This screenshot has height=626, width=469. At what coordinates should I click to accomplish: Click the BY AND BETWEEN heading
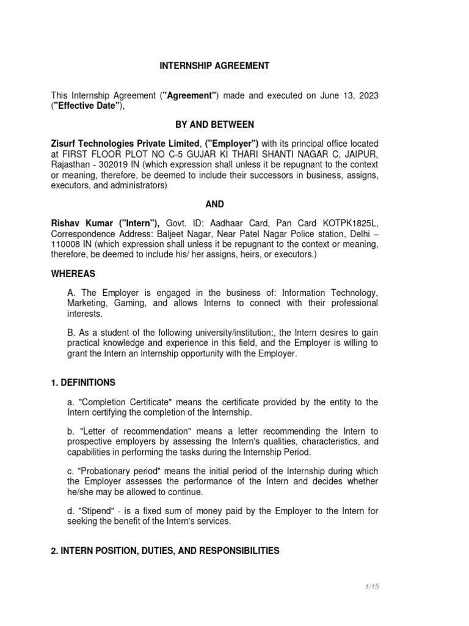click(x=214, y=124)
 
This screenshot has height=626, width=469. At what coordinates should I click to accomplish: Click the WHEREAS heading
click(x=73, y=274)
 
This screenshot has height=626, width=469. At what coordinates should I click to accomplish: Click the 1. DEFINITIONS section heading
click(x=82, y=382)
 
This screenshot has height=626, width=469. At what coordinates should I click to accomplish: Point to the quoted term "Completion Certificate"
click(x=122, y=402)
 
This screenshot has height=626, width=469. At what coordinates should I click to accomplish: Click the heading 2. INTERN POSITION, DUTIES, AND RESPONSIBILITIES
click(x=165, y=551)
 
